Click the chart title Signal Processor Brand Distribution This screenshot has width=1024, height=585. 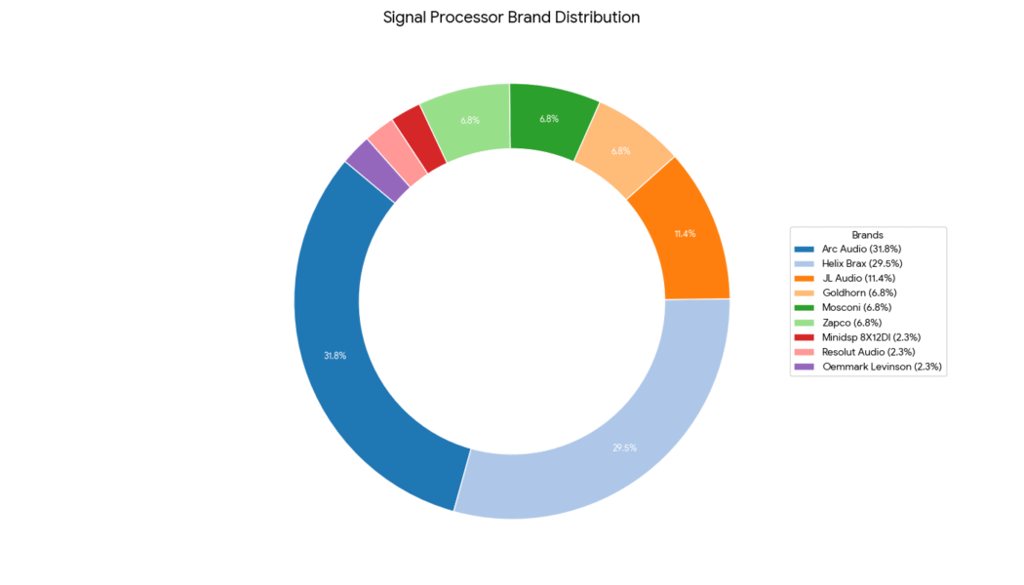[x=511, y=18]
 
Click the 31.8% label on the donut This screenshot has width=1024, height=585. [x=335, y=356]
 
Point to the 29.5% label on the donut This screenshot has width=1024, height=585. [x=624, y=448]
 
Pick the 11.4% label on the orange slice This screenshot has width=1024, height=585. [x=685, y=234]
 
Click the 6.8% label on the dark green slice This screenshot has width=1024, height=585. [x=549, y=119]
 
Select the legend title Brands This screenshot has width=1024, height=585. [x=868, y=235]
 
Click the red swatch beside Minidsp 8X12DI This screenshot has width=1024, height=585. [x=805, y=337]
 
